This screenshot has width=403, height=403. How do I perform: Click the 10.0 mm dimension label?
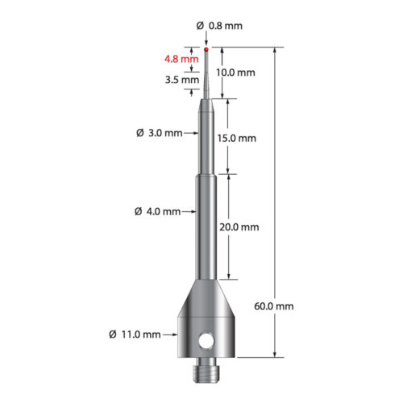pyautogui.click(x=236, y=73)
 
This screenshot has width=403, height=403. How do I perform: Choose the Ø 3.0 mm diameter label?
pyautogui.click(x=160, y=132)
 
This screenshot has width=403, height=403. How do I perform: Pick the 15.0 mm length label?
pyautogui.click(x=236, y=138)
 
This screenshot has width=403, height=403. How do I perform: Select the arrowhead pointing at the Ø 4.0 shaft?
pyautogui.click(x=192, y=212)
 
